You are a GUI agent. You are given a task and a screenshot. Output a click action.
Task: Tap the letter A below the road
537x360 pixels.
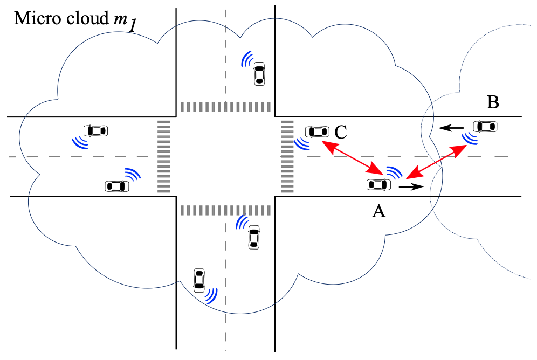(379, 212)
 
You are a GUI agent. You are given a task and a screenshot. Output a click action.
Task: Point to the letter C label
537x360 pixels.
(341, 131)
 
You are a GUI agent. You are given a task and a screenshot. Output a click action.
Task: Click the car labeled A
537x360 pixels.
(378, 185)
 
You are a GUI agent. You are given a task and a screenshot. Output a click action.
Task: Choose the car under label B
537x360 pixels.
(485, 127)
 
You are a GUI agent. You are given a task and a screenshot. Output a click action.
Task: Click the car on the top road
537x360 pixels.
(259, 74)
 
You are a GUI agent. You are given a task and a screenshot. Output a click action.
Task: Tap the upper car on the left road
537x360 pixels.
(95, 130)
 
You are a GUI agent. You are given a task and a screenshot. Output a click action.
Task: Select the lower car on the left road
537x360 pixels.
(117, 186)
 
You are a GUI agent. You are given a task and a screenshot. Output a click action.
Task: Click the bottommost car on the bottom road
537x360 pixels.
(199, 280)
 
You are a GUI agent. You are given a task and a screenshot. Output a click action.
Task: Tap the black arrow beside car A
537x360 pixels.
(410, 187)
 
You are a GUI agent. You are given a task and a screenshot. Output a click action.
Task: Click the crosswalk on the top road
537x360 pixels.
(225, 107)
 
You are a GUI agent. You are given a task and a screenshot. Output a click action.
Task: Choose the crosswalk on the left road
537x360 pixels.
(163, 156)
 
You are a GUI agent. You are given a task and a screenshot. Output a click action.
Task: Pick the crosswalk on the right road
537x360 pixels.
(287, 156)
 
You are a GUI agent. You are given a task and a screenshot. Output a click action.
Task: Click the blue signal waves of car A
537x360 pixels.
(394, 172)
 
